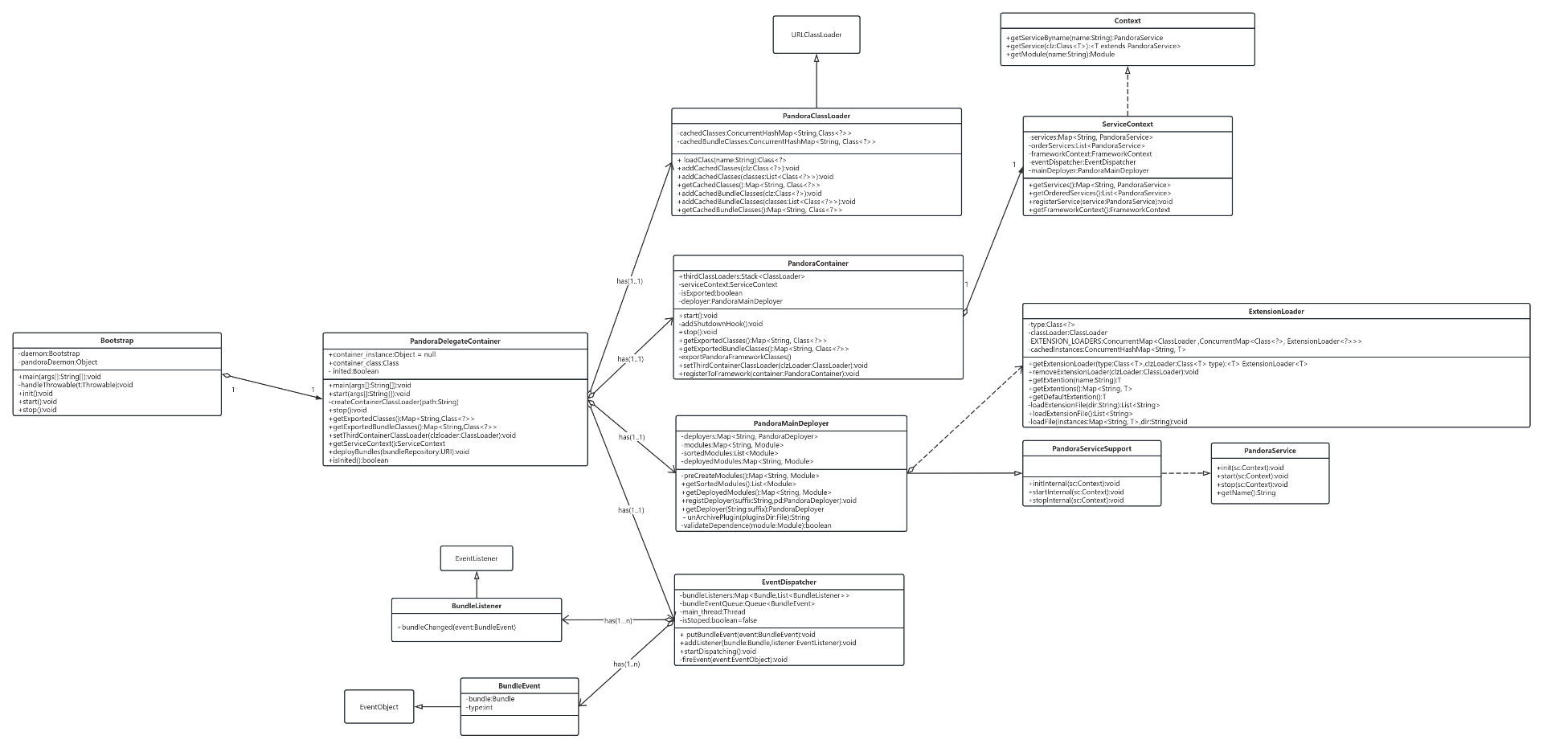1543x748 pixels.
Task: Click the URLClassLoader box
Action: point(816,35)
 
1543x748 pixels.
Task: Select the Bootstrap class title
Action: point(117,341)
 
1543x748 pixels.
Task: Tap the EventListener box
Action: point(476,558)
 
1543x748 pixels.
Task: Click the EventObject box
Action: point(379,707)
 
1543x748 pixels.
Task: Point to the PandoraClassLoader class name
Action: point(816,116)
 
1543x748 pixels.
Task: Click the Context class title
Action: point(1127,21)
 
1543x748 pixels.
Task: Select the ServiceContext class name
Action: point(1127,125)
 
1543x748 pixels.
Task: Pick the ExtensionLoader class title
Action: point(1275,312)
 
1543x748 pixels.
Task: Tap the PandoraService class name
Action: point(1269,451)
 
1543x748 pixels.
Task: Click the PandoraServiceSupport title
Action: point(1091,449)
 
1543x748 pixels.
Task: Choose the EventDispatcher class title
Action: point(788,582)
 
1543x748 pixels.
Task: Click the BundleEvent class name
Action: point(519,686)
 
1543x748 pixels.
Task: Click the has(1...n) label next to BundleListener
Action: point(617,621)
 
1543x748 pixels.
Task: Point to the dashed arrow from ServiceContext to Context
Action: point(1127,92)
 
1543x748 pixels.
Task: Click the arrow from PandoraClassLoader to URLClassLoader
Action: point(816,84)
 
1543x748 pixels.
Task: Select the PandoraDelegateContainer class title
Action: point(455,341)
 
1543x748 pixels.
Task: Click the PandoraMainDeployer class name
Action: point(791,423)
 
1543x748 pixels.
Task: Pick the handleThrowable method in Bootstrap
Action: point(76,385)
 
